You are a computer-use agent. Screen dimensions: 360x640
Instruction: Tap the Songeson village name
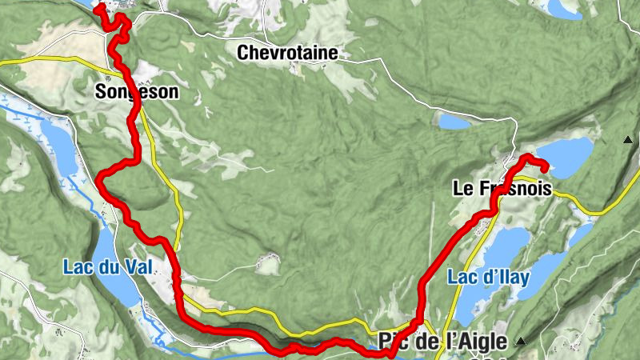[137, 93]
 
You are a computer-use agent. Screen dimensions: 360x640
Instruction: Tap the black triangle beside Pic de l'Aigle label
[521, 342]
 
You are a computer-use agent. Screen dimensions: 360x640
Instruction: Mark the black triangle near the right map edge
[628, 140]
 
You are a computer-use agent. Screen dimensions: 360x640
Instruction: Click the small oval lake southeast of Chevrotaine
[454, 122]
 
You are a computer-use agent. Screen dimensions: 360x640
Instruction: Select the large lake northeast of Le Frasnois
[566, 156]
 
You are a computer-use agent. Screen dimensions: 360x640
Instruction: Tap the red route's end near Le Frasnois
[546, 168]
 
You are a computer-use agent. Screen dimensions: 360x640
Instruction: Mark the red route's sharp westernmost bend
[99, 179]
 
